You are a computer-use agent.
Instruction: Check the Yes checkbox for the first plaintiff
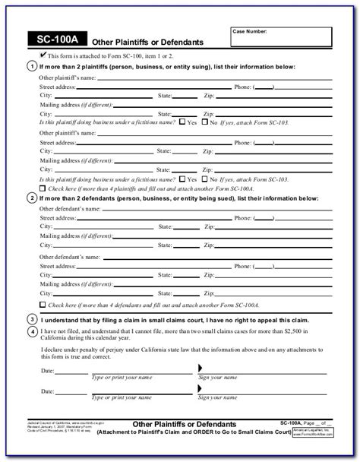pos(182,122)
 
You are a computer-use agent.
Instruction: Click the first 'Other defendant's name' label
pos(68,209)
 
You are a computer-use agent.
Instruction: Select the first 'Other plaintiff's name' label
pos(66,78)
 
